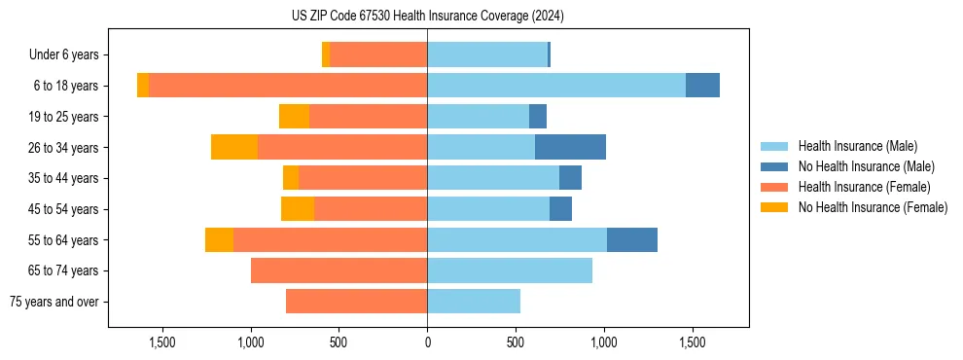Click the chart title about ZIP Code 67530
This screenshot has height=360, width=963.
click(x=427, y=16)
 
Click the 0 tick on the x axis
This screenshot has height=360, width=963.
click(x=427, y=342)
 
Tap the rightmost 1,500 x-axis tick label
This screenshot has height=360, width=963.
click(x=692, y=342)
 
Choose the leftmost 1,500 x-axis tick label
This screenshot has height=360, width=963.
click(x=162, y=342)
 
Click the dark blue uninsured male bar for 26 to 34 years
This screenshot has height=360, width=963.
click(x=570, y=147)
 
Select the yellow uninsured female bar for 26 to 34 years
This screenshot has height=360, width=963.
click(x=234, y=147)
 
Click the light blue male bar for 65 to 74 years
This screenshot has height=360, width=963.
click(x=510, y=270)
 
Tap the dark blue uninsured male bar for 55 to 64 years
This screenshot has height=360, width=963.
click(x=632, y=239)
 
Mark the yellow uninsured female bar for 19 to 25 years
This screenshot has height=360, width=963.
click(x=294, y=117)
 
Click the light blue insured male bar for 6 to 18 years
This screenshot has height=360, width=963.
click(x=556, y=86)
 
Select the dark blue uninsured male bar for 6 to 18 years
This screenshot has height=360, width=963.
click(x=702, y=86)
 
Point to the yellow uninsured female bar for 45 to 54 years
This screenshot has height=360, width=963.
click(x=298, y=209)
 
